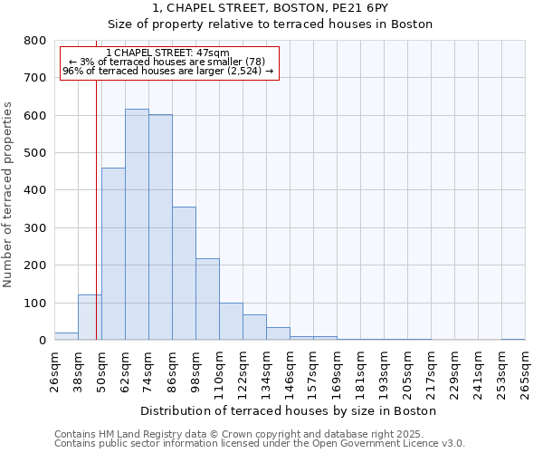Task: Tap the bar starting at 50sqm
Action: click(x=113, y=254)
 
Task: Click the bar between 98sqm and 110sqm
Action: click(x=207, y=299)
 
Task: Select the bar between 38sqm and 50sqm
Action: click(x=90, y=317)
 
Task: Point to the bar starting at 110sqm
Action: click(x=231, y=322)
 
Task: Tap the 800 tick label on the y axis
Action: click(x=35, y=41)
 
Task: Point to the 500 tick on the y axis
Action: click(x=35, y=153)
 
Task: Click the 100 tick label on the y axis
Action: click(x=35, y=303)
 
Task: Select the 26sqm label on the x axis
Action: click(x=54, y=371)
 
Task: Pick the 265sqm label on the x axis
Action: click(x=525, y=371)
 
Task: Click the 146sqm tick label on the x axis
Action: click(x=290, y=371)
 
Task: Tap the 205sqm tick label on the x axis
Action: click(x=407, y=371)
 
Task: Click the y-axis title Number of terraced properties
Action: click(x=9, y=194)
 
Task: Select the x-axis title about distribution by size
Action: click(x=289, y=410)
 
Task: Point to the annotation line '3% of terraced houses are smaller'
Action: click(x=167, y=62)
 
